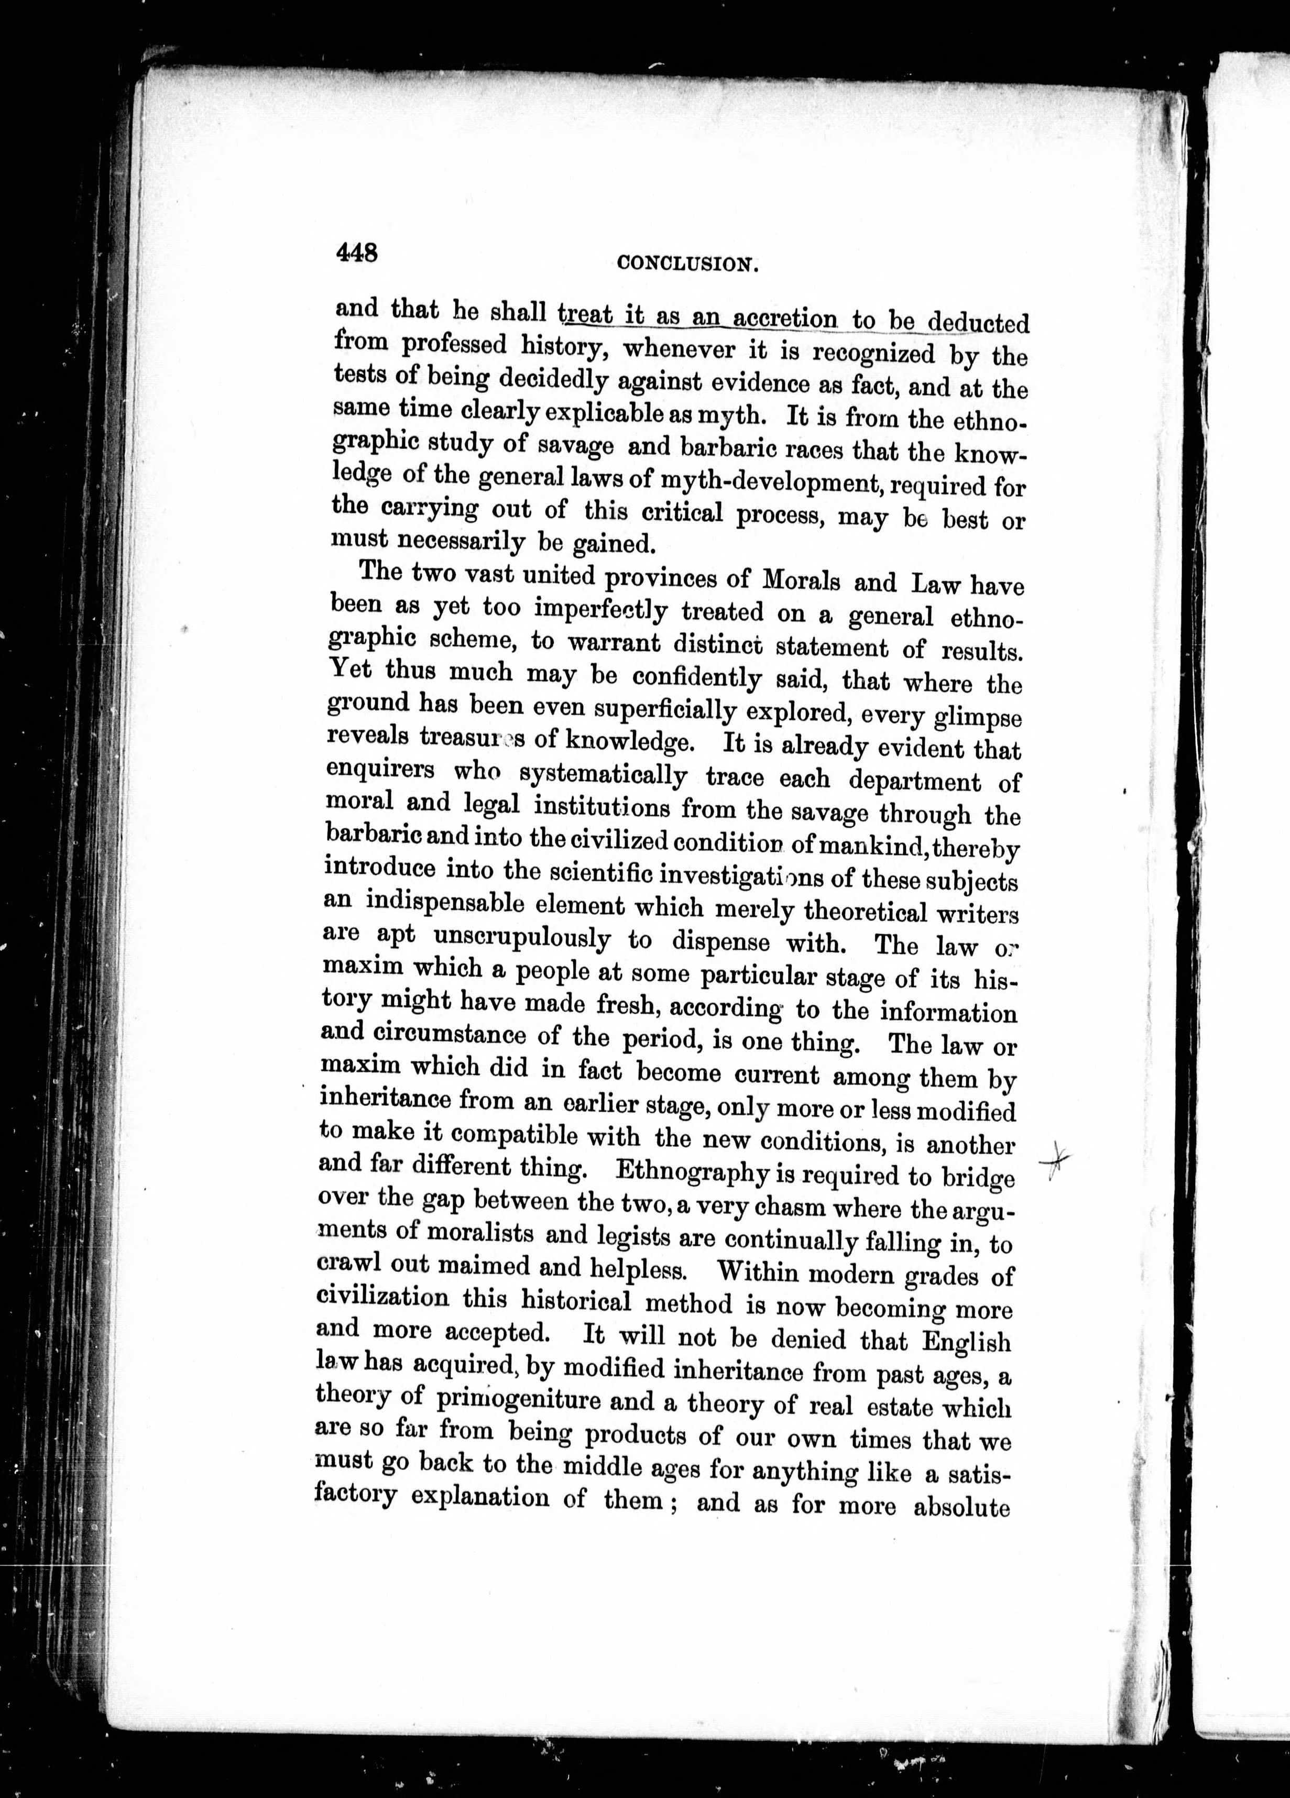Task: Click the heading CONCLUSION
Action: tap(688, 264)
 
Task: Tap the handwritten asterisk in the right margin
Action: tap(1056, 1159)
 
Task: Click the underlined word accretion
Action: tap(784, 319)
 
